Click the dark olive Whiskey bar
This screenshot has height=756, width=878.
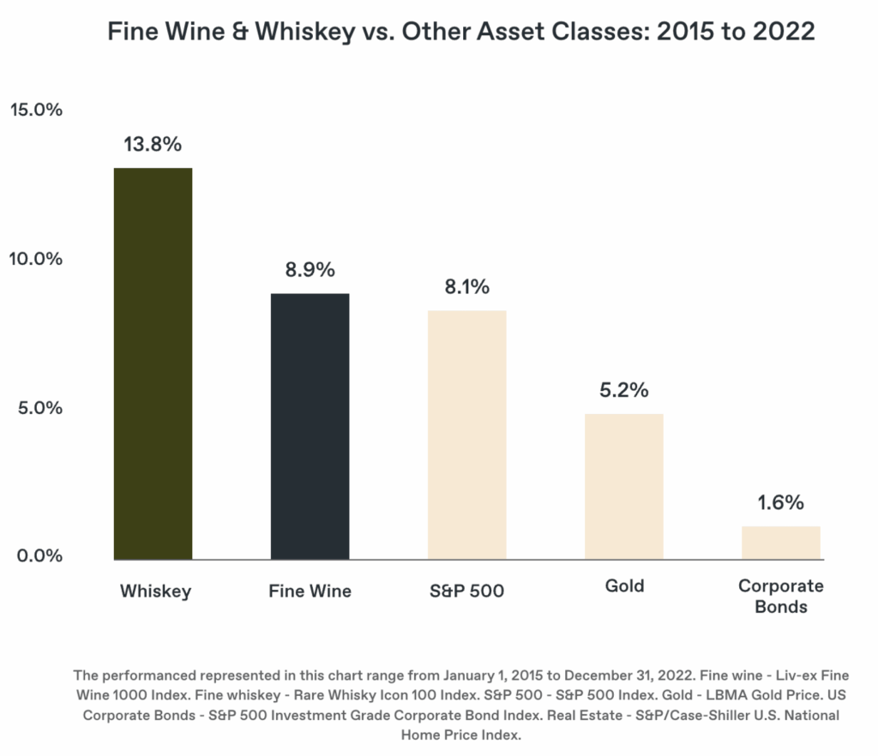click(x=153, y=363)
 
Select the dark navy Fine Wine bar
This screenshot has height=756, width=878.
click(x=310, y=426)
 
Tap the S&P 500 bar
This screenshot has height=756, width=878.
click(x=466, y=435)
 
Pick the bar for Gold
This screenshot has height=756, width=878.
click(x=623, y=486)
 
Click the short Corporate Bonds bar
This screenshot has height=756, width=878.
click(x=781, y=543)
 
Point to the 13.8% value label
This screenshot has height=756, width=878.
click(x=153, y=144)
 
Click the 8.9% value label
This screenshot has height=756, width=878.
click(x=310, y=270)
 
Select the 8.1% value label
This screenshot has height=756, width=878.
click(x=466, y=287)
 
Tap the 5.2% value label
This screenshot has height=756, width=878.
click(x=623, y=391)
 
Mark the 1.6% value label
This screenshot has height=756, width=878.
click(x=781, y=502)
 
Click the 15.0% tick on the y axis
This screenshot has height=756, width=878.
click(x=36, y=111)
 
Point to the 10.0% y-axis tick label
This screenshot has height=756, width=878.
click(x=36, y=259)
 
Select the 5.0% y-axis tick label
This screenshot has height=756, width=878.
click(x=39, y=407)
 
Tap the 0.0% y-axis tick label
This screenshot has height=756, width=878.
click(x=39, y=555)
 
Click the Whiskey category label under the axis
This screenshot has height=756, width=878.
click(x=155, y=591)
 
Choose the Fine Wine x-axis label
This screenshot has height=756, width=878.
click(x=310, y=591)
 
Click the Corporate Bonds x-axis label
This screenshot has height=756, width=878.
click(x=781, y=597)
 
